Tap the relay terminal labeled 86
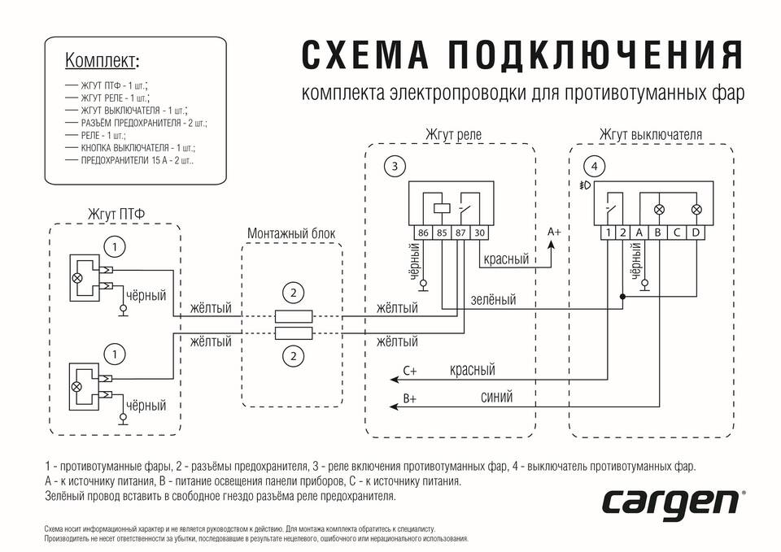click(x=423, y=233)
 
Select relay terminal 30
click(x=479, y=233)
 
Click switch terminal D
click(x=696, y=233)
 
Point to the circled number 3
click(x=395, y=167)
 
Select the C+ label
click(x=410, y=372)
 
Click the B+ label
click(x=410, y=400)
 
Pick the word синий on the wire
click(x=497, y=396)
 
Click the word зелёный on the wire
click(x=493, y=300)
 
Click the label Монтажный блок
click(x=290, y=233)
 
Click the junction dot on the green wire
click(x=622, y=297)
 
